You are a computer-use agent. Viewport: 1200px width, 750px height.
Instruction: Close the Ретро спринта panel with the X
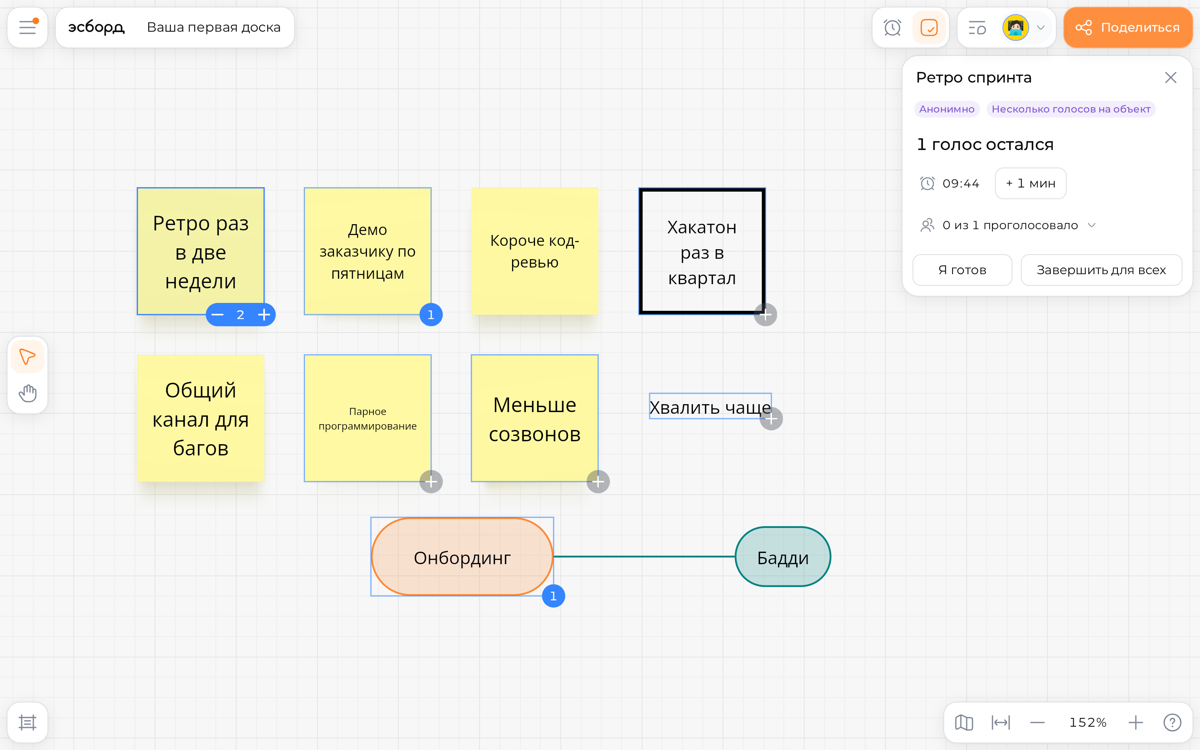point(1170,77)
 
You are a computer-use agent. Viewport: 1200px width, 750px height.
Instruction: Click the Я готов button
point(962,270)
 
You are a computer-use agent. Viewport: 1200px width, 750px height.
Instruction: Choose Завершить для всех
point(1101,270)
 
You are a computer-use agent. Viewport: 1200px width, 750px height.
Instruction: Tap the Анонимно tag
point(947,109)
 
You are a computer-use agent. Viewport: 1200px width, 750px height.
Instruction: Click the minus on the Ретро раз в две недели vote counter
point(217,315)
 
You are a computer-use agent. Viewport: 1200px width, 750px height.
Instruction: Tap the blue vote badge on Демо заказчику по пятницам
point(431,315)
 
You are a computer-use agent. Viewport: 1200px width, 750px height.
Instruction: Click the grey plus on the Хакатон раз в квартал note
point(765,315)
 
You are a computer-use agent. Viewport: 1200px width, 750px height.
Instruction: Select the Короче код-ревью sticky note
point(535,251)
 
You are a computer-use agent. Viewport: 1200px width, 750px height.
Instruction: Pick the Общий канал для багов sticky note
point(200,418)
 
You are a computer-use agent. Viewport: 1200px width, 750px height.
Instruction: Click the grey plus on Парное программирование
point(431,482)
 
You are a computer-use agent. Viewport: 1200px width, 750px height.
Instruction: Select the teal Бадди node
point(782,557)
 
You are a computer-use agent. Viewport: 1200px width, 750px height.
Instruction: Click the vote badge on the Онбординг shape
point(553,596)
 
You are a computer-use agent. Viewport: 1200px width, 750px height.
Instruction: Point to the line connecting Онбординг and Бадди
point(644,557)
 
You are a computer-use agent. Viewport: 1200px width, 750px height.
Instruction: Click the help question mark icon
point(1172,722)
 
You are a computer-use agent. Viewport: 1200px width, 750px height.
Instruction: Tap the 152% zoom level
point(1087,722)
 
